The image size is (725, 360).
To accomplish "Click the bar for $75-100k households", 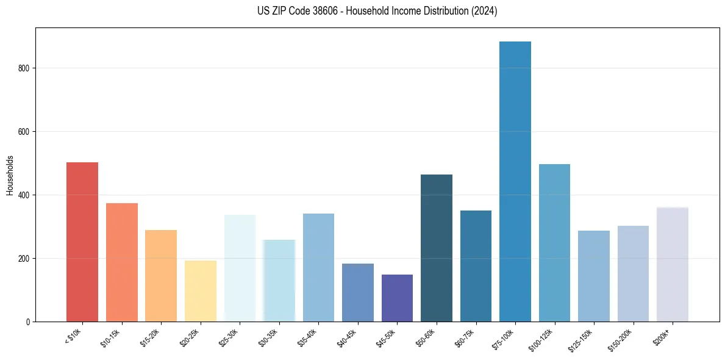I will pos(515,183).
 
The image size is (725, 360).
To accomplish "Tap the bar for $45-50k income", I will pos(397,298).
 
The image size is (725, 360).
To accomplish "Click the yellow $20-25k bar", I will pos(201,291).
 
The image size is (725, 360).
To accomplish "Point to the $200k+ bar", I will pos(673,265).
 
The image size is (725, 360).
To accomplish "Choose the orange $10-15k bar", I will pos(122,262).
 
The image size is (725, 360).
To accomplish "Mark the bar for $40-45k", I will pos(358,293).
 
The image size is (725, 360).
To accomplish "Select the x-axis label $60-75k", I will pos(465,337).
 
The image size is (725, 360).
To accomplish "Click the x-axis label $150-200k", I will pos(621,339).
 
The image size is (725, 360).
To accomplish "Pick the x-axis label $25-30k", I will pos(229,337).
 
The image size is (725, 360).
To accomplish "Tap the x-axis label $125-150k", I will pos(582,339).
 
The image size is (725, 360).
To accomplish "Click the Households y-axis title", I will pos(10,175).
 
